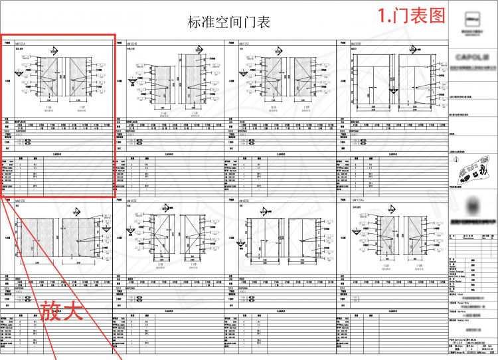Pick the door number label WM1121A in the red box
(x=19, y=43)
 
